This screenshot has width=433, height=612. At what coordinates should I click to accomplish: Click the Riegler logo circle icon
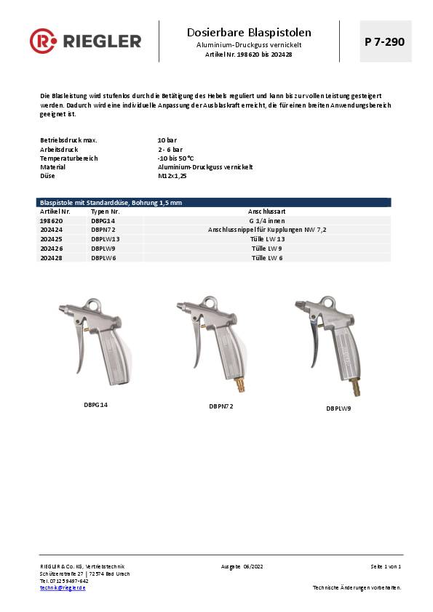(42, 41)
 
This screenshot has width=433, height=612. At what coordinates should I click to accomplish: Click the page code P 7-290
(384, 41)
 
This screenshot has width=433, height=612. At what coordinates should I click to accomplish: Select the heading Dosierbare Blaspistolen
(249, 33)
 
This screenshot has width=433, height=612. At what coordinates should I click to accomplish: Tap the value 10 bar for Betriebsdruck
(167, 140)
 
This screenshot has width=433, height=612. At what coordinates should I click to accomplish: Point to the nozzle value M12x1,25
(172, 175)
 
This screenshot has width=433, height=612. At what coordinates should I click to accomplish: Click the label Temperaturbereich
(68, 158)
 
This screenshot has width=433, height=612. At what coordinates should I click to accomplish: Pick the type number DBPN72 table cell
(103, 229)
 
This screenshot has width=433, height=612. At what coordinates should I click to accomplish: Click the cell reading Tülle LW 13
(266, 238)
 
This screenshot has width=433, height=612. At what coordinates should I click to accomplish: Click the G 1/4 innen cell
(266, 220)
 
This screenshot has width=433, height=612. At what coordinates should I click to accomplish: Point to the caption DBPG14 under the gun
(96, 404)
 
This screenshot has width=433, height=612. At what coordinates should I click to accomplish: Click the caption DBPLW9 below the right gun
(338, 408)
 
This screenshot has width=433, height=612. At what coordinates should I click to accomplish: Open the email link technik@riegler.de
(63, 587)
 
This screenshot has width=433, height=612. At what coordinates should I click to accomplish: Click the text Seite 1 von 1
(386, 566)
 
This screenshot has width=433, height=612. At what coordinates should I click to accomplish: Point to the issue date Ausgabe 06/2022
(241, 566)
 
